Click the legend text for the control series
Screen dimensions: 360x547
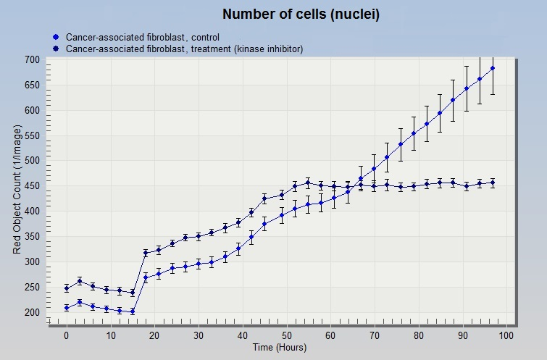(x=143, y=37)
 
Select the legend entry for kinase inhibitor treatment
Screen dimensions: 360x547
(x=184, y=49)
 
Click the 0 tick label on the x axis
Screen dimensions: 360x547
(x=67, y=335)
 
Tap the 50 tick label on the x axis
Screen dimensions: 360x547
(x=286, y=335)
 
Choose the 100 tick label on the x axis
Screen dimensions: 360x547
(x=506, y=335)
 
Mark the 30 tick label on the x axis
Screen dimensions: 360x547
(x=199, y=335)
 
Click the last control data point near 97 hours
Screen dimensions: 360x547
(x=493, y=68)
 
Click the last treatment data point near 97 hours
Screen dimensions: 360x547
(x=493, y=183)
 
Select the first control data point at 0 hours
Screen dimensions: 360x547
(x=67, y=308)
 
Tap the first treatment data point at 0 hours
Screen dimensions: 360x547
(x=67, y=288)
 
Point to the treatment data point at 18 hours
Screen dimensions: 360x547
(x=146, y=253)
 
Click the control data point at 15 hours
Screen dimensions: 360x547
(x=133, y=311)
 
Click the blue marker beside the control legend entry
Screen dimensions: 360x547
(x=56, y=37)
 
